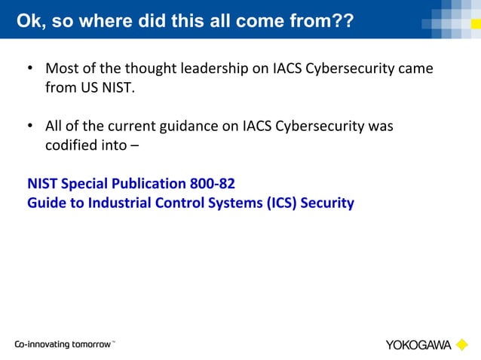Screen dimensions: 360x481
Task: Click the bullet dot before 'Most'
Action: (30, 69)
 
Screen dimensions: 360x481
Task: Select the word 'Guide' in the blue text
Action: (46, 203)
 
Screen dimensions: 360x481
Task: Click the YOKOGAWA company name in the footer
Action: (418, 345)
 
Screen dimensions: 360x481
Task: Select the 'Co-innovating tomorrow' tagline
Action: (63, 344)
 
